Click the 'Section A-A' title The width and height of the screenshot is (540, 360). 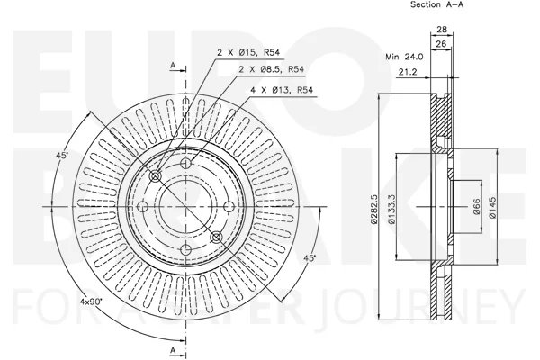pyautogui.click(x=436, y=4)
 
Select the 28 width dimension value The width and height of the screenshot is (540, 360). pyautogui.click(x=442, y=30)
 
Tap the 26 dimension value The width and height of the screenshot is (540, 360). pyautogui.click(x=441, y=44)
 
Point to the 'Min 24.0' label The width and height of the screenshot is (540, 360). pyautogui.click(x=404, y=57)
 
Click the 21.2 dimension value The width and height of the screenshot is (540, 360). pyautogui.click(x=408, y=72)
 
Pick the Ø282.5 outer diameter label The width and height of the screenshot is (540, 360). pyautogui.click(x=374, y=210)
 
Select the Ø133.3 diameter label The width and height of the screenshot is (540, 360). pyautogui.click(x=391, y=210)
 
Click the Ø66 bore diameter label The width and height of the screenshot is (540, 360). pyautogui.click(x=477, y=207)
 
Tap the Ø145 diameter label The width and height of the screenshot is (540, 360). pyautogui.click(x=493, y=207)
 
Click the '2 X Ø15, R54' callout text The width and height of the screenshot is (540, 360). pyautogui.click(x=248, y=53)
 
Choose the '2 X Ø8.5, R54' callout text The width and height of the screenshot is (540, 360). pyautogui.click(x=272, y=69)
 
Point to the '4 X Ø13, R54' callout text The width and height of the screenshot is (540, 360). pyautogui.click(x=282, y=90)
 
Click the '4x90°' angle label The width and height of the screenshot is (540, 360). pyautogui.click(x=91, y=301)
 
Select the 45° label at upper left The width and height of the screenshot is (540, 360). pyautogui.click(x=62, y=156)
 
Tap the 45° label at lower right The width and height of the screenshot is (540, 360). pyautogui.click(x=310, y=258)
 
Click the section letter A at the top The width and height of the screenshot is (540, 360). pyautogui.click(x=173, y=65)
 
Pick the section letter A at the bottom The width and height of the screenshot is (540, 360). pyautogui.click(x=173, y=350)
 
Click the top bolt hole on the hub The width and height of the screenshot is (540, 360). pyautogui.click(x=186, y=163)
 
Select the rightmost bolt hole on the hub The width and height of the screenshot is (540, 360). pyautogui.click(x=229, y=207)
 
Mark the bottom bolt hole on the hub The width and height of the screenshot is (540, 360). pyautogui.click(x=186, y=250)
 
